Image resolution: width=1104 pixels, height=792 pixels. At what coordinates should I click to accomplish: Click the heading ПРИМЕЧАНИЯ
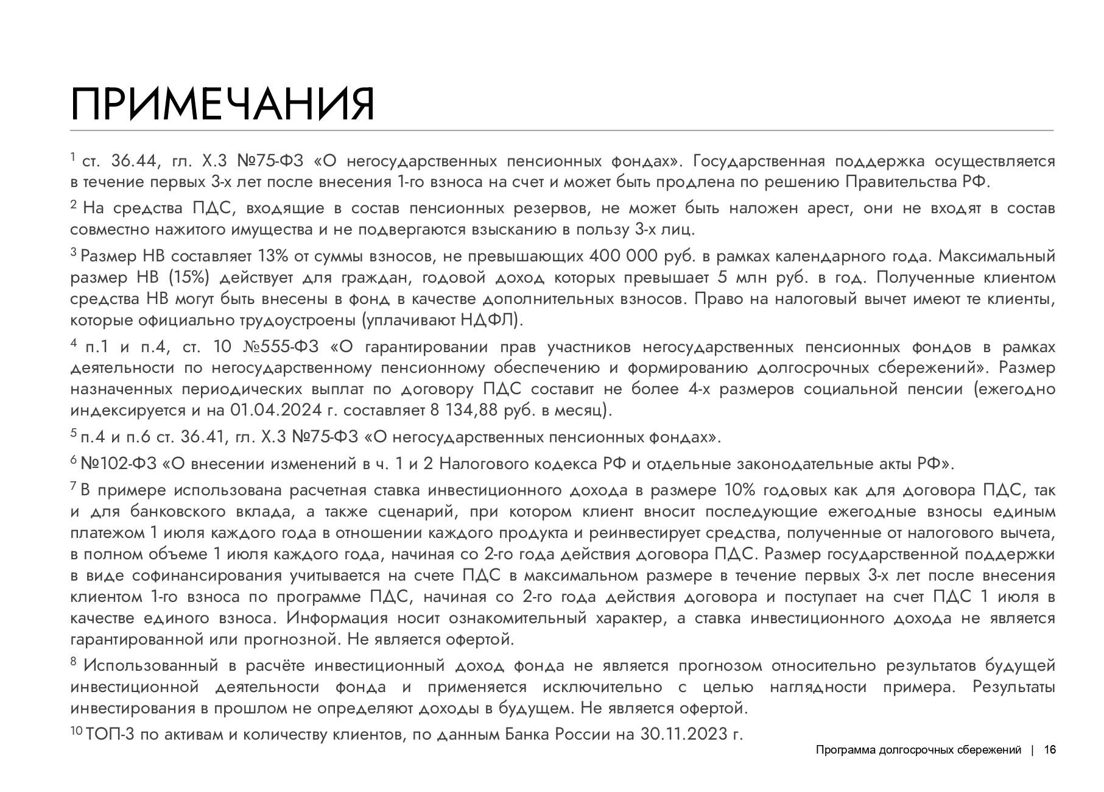[x=222, y=105]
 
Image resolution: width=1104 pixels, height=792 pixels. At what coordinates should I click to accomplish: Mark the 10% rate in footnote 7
[x=739, y=490]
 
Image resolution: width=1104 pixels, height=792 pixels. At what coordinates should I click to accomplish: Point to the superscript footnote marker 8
[x=74, y=662]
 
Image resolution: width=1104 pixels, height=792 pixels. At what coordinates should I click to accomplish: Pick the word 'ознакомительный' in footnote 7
[x=518, y=618]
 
